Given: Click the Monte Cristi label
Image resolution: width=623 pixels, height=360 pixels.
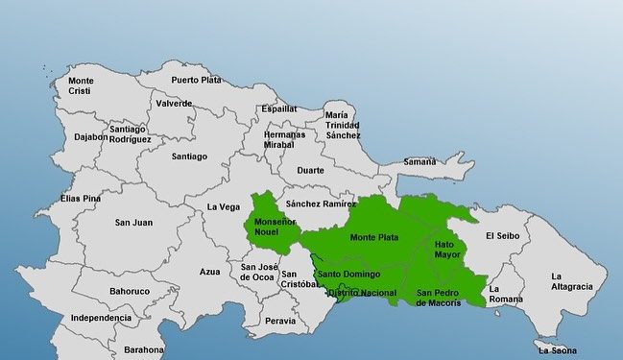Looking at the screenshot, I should click(81, 85).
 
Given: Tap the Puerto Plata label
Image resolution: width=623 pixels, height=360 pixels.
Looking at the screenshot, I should click(196, 80).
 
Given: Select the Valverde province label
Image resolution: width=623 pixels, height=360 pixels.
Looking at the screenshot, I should click(174, 103).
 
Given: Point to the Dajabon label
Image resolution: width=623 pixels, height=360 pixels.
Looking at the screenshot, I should click(91, 137).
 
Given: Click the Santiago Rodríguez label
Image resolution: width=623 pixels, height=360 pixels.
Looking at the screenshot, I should click(130, 134).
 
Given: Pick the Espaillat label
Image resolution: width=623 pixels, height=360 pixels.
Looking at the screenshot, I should click(279, 109).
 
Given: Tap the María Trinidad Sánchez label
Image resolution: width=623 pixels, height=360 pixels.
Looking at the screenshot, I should click(342, 126).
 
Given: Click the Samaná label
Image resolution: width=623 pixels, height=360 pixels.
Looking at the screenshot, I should click(419, 161).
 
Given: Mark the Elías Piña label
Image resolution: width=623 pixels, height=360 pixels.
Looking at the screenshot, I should click(81, 199).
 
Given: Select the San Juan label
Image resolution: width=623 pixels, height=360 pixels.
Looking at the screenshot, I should click(133, 223).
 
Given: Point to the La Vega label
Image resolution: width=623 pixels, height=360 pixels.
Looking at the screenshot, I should click(224, 206).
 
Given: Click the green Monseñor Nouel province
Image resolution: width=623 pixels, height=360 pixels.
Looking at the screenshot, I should click(273, 227).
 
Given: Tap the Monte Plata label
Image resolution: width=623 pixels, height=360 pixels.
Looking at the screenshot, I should click(374, 237).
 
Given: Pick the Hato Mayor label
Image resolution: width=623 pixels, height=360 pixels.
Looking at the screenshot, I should click(447, 250).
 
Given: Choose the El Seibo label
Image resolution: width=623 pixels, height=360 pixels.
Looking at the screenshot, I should click(502, 235).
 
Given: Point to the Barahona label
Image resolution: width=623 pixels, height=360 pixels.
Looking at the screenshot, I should click(144, 350).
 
